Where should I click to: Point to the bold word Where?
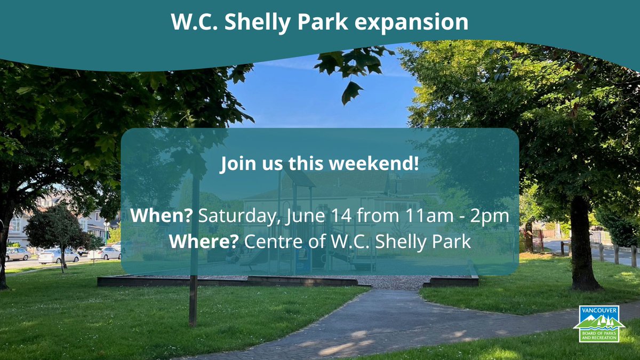pyautogui.click(x=204, y=242)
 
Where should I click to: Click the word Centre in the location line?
pyautogui.click(x=269, y=242)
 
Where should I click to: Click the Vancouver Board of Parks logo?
pyautogui.click(x=599, y=323)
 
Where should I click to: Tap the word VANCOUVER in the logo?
pyautogui.click(x=599, y=309)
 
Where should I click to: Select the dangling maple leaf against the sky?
pyautogui.click(x=351, y=92)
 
